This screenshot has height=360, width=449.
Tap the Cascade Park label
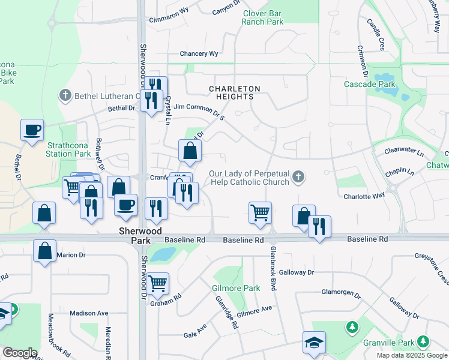point(369,84)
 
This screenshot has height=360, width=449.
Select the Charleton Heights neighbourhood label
point(234,93)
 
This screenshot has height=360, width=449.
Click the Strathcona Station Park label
point(68,149)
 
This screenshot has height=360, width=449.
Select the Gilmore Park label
point(236,288)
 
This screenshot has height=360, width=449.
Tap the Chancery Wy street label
point(199,54)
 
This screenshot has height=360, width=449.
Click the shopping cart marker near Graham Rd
point(158,283)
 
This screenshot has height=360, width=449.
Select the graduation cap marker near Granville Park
point(314,342)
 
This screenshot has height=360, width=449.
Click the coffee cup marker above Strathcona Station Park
point(32,130)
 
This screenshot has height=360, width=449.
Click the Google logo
point(19,353)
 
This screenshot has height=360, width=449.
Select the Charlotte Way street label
point(364,196)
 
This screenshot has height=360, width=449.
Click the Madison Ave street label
point(88,313)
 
